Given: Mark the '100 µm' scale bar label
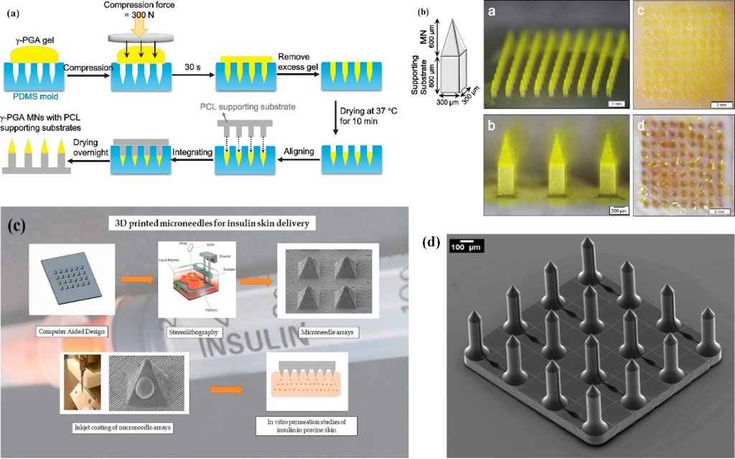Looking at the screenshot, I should coord(464,248).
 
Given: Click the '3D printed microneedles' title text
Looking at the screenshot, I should coord(210,224).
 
